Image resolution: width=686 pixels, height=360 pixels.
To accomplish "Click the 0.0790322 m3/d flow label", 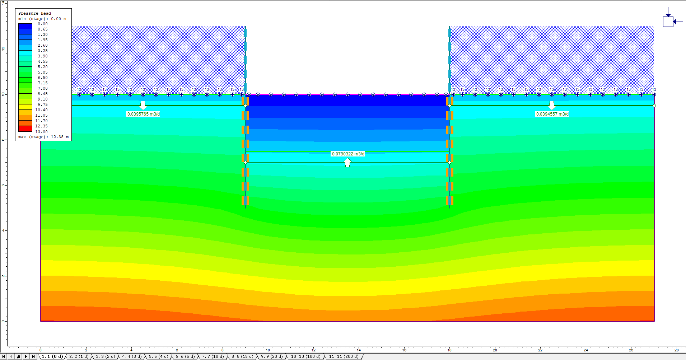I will (348, 154).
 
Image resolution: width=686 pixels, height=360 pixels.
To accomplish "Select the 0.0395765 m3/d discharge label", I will (143, 114).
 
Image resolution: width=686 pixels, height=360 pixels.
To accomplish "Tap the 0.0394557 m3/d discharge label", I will (552, 114).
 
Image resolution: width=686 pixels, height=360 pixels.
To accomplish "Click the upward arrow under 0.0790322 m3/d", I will (347, 163).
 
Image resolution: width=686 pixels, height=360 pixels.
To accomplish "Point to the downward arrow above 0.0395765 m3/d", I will (143, 105).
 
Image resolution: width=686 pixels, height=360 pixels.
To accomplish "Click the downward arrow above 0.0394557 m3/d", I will (552, 105).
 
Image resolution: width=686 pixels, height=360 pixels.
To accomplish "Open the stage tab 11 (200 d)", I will (344, 356).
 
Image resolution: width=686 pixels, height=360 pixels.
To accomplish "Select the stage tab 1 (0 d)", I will (52, 356).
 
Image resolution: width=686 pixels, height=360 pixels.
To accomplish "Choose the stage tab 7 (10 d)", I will (213, 356).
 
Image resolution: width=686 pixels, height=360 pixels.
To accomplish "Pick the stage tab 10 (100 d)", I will (305, 356).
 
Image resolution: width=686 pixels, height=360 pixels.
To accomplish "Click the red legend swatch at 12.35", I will (25, 128).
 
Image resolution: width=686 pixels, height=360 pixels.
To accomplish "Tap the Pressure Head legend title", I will (34, 13).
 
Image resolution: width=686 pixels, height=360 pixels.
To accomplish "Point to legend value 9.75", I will (42, 104).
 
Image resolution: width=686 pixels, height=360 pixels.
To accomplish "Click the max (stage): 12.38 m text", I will (43, 137).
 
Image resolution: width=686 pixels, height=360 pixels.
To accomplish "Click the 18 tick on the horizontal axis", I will (449, 350).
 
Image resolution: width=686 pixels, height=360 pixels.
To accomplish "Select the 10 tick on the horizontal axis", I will (268, 350).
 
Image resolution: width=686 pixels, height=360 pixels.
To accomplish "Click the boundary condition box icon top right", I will (668, 22).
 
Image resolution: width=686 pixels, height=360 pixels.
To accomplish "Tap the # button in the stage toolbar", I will (19, 356).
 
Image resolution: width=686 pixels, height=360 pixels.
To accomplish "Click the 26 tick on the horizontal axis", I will (631, 350).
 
